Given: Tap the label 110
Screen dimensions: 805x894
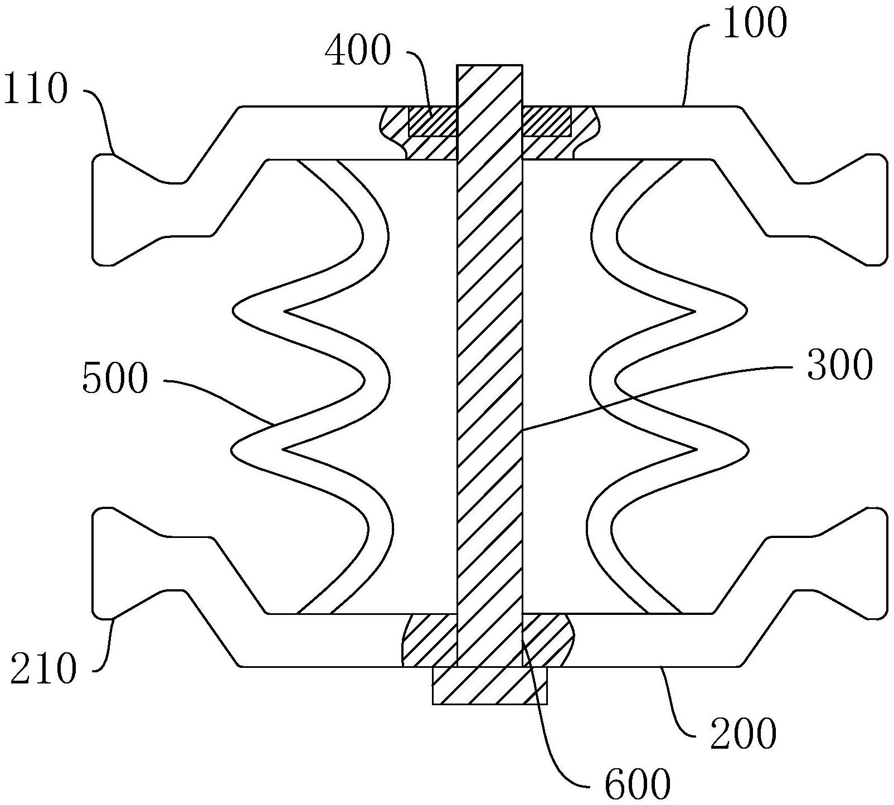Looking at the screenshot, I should click(x=35, y=90).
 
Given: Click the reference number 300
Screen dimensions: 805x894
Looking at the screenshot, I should click(x=839, y=366).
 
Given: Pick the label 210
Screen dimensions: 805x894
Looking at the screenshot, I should click(x=42, y=669).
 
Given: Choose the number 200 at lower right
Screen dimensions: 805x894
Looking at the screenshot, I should click(x=744, y=733).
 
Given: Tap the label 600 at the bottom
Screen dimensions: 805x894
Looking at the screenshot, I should click(x=637, y=784).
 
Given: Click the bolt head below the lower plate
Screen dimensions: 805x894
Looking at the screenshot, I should click(x=489, y=685).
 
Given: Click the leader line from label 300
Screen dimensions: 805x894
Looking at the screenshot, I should click(x=658, y=390).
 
